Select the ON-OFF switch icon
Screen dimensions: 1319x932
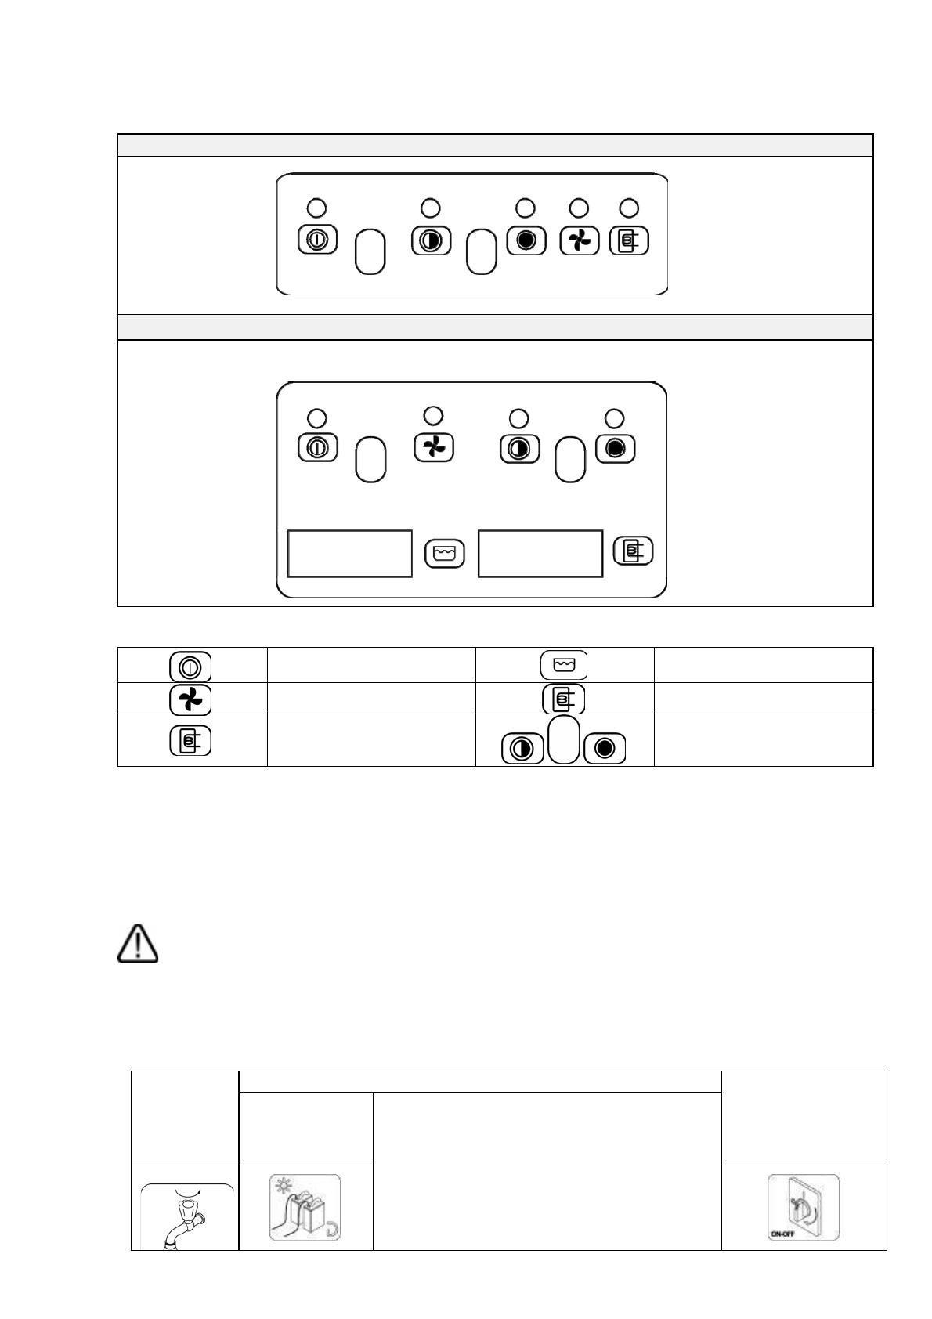[804, 1207]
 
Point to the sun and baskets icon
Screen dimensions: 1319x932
[305, 1207]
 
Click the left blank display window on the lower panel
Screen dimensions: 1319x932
[350, 553]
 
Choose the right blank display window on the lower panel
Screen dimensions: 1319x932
[540, 553]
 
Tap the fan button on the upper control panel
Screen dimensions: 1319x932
[580, 240]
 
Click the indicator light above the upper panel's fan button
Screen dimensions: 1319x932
[578, 208]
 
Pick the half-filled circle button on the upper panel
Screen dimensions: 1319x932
[431, 240]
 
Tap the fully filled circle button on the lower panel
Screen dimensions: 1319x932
[616, 448]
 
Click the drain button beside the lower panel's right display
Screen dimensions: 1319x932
[633, 551]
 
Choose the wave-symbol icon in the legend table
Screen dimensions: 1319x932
[563, 665]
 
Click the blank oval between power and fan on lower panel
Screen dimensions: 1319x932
[370, 459]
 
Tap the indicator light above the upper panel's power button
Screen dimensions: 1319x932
[316, 208]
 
